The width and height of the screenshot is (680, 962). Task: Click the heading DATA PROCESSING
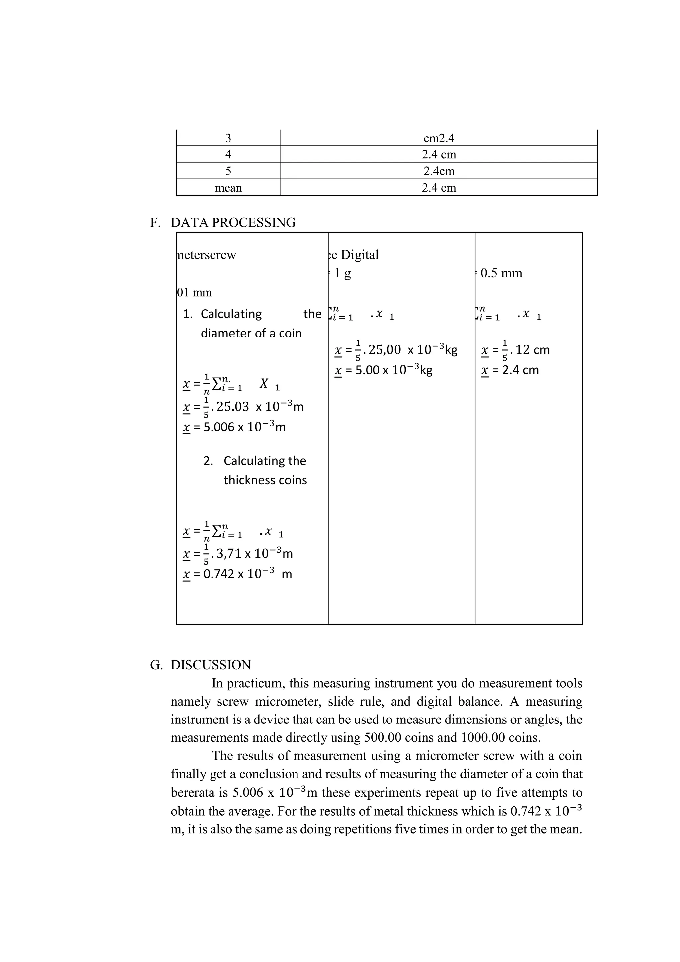pyautogui.click(x=233, y=223)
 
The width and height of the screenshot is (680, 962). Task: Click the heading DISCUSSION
pyautogui.click(x=211, y=665)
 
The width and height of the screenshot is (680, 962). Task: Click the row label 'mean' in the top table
pyautogui.click(x=228, y=188)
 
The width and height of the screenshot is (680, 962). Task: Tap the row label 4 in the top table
pyautogui.click(x=228, y=154)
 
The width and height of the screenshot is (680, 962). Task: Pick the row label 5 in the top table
pyautogui.click(x=228, y=171)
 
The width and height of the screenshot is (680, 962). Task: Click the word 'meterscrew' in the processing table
pyautogui.click(x=207, y=255)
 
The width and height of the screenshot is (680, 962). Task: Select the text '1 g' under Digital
pyautogui.click(x=342, y=273)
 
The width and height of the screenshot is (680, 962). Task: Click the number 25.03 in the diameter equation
pyautogui.click(x=232, y=406)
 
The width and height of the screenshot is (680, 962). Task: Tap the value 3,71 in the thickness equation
pyautogui.click(x=229, y=553)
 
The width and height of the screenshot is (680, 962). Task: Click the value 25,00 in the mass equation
pyautogui.click(x=384, y=350)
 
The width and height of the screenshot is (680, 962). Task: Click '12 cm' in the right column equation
pyautogui.click(x=532, y=350)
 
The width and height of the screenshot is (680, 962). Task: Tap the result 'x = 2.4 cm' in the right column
pyautogui.click(x=510, y=370)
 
